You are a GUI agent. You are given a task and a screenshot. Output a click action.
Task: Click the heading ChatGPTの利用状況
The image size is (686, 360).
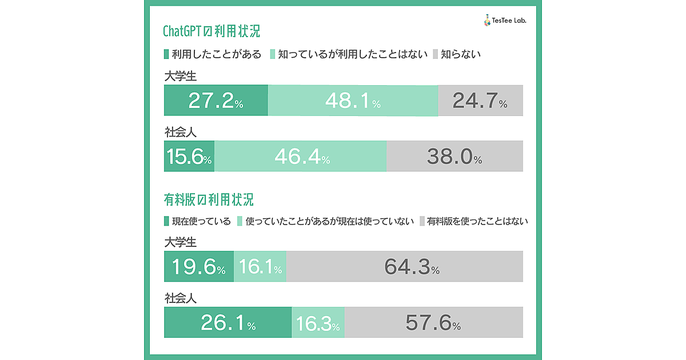(212, 30)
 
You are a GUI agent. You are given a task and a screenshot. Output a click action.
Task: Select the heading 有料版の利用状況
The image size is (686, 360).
(209, 200)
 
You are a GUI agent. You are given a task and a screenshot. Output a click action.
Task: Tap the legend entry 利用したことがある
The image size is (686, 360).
(212, 54)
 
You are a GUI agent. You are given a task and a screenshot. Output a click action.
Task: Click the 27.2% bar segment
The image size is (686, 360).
(216, 101)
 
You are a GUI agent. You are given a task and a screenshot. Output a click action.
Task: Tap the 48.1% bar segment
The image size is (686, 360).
(353, 101)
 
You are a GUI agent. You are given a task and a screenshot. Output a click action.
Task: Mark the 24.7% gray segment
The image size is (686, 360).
(480, 101)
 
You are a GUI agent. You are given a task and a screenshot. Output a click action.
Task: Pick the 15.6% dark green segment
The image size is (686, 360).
(189, 156)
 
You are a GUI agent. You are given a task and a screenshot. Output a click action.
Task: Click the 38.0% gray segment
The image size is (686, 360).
(454, 156)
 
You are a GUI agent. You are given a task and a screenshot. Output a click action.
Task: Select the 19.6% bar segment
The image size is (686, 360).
(198, 266)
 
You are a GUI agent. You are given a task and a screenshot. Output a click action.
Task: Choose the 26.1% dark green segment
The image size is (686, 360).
(228, 323)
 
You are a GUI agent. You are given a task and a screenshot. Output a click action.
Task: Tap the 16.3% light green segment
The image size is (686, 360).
(318, 323)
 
